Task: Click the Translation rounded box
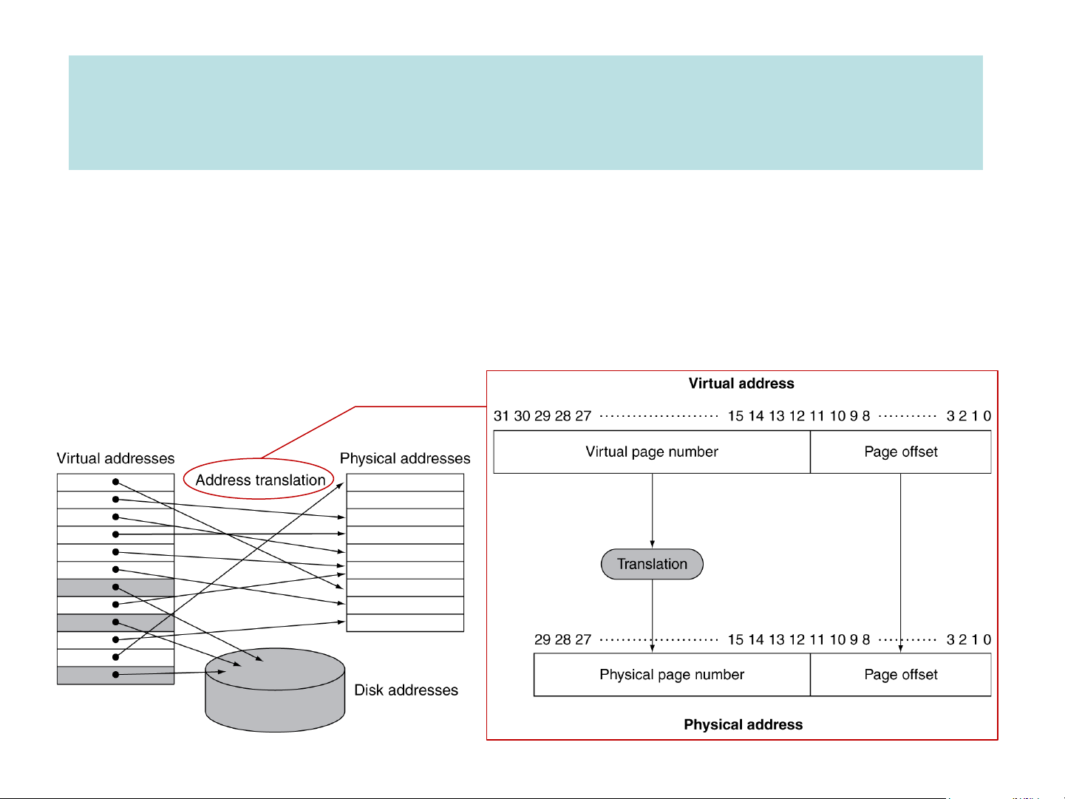click(x=652, y=564)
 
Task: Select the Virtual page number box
click(x=652, y=452)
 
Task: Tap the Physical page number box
click(x=672, y=675)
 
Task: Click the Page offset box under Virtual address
click(x=901, y=452)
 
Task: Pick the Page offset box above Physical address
click(x=901, y=675)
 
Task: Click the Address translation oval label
click(x=260, y=480)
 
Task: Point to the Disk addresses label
click(x=406, y=690)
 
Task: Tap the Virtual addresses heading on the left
click(x=116, y=458)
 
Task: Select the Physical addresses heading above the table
click(x=405, y=458)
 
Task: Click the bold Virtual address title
click(x=741, y=384)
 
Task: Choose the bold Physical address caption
click(x=743, y=725)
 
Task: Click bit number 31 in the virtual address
click(x=501, y=416)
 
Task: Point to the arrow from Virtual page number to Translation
click(x=652, y=510)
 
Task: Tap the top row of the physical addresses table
click(x=405, y=483)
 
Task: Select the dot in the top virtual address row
click(x=115, y=482)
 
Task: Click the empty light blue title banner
click(x=525, y=112)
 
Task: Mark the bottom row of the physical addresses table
click(x=405, y=623)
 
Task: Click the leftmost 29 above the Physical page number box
click(x=542, y=639)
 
